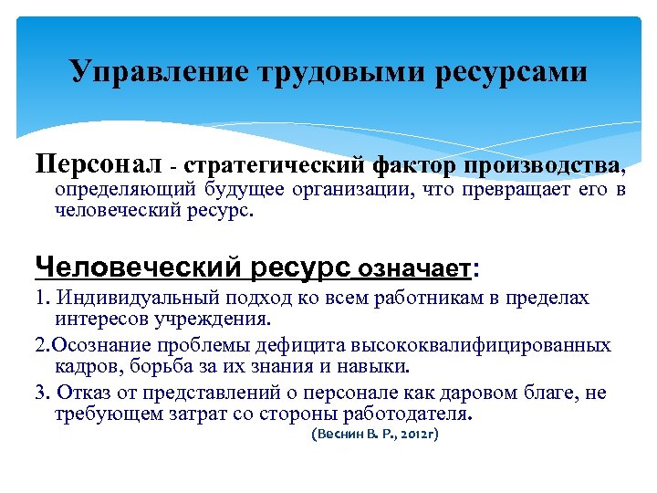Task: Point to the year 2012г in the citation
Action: point(416,435)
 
